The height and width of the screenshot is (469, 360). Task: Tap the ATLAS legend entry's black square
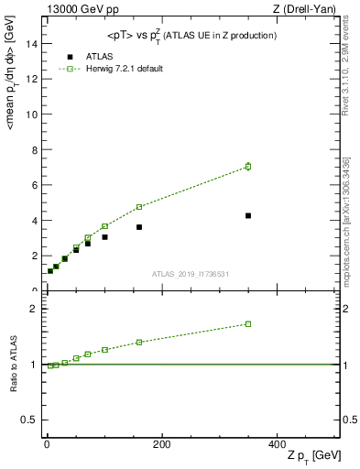[70, 56]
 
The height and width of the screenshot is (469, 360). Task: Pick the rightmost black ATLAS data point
[248, 215]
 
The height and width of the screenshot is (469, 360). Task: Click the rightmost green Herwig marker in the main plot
[248, 166]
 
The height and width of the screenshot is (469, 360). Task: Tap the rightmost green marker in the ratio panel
[248, 323]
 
